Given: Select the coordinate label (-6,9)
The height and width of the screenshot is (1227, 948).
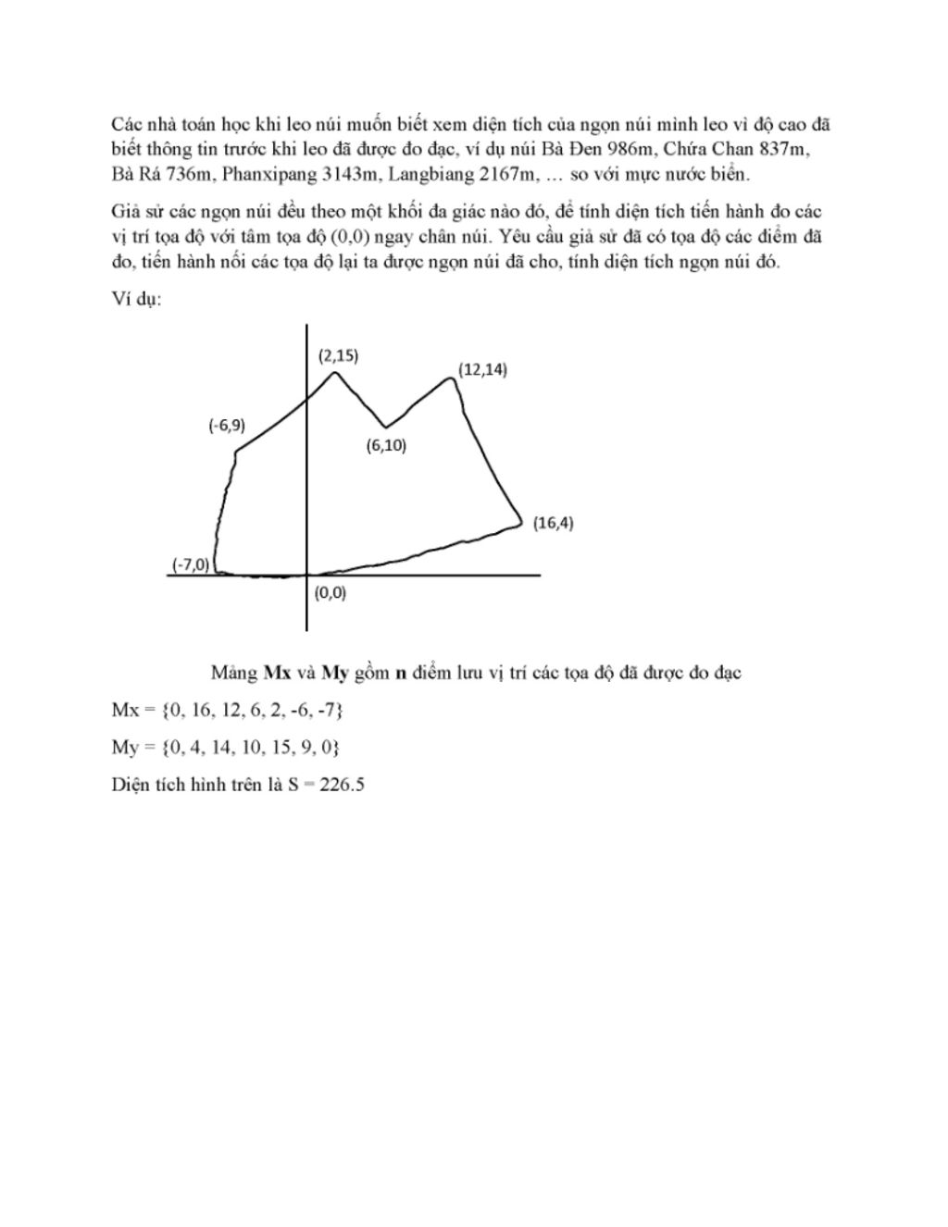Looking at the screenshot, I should (226, 426).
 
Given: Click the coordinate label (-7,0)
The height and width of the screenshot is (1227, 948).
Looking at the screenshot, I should (191, 564).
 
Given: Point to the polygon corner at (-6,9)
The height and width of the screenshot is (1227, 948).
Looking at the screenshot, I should (237, 452).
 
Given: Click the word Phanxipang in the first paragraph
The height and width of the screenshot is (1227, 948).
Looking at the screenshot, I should (263, 174).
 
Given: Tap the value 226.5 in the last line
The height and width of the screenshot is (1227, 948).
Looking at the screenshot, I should (343, 785).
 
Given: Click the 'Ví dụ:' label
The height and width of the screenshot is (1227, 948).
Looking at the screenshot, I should (136, 301).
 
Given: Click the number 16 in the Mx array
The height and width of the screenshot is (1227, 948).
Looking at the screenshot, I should (197, 710).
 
